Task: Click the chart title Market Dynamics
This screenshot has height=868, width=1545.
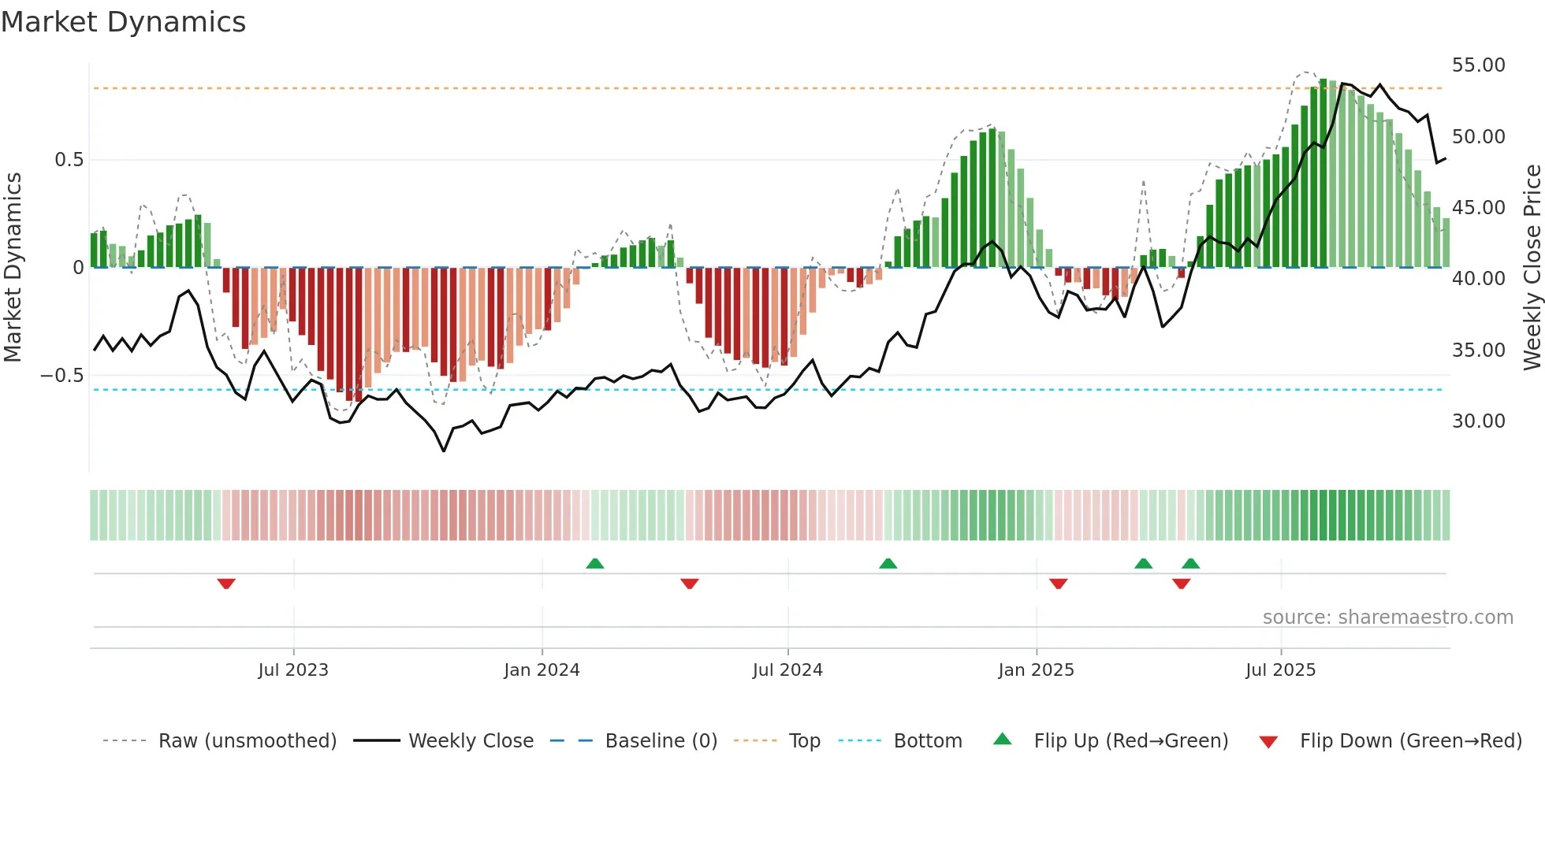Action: pos(124,22)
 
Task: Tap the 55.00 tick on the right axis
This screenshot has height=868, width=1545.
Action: pos(1478,65)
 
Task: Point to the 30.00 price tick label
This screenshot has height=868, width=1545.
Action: pos(1478,421)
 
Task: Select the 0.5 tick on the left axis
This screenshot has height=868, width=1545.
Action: pos(69,160)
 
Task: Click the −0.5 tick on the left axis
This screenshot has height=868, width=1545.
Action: pos(62,376)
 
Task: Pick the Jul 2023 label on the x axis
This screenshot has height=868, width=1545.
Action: pos(293,670)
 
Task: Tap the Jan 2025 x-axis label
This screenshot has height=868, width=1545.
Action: pos(1036,670)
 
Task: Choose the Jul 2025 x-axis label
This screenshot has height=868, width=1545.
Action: pos(1280,670)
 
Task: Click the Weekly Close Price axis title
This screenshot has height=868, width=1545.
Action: pos(1532,268)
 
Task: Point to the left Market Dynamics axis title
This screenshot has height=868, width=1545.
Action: pos(13,268)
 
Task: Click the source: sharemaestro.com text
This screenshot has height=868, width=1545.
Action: pos(1387,618)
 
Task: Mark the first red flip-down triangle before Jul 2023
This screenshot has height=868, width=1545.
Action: pos(226,584)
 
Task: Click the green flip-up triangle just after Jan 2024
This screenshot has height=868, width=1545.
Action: pos(595,563)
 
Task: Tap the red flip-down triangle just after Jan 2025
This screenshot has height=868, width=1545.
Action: pos(1058,584)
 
